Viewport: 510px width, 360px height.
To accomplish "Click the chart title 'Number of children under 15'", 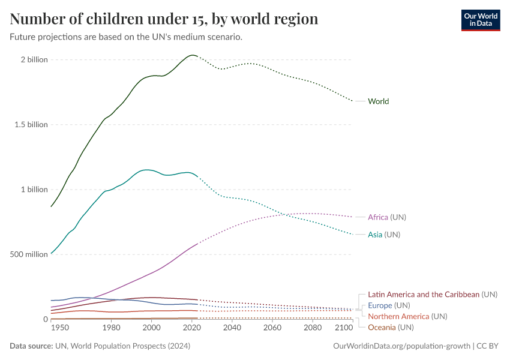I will [164, 19].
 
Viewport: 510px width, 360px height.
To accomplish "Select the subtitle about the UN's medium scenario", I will [126, 37].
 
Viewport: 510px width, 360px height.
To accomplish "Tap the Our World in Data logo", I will [480, 20].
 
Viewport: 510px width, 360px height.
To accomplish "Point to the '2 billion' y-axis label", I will [34, 60].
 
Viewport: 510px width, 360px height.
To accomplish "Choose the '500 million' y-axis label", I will [29, 254].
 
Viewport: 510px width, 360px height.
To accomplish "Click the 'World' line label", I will [378, 101].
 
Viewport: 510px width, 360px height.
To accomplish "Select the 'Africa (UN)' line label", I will [391, 217].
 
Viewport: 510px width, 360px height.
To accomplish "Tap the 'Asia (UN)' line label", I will [383, 235].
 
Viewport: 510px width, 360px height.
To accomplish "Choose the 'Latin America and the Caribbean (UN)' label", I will [432, 295].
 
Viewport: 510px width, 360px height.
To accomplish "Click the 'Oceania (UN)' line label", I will [391, 328].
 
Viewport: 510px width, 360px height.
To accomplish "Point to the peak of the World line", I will [192, 55].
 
